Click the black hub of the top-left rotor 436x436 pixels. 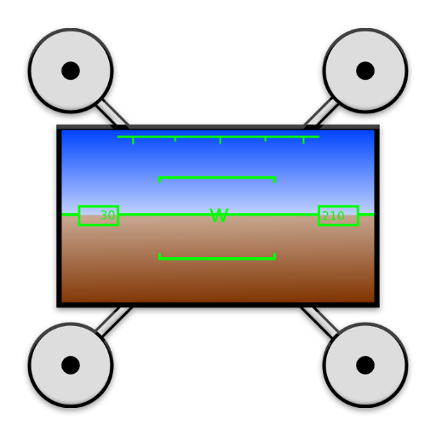tap(71, 71)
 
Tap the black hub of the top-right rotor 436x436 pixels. tap(365, 71)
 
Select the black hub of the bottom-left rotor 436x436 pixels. tap(71, 365)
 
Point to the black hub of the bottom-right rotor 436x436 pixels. tap(365, 365)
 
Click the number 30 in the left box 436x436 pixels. tap(108, 215)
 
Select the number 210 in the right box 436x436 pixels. tap(333, 216)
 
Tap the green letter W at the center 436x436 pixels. tap(219, 215)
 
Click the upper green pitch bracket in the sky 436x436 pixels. tap(217, 178)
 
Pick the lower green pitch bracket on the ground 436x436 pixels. tap(217, 258)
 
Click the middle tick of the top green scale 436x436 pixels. tap(221, 141)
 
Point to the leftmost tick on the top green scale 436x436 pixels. tap(133, 141)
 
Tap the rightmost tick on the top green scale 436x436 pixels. tap(303, 141)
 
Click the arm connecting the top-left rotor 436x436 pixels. tap(112, 113)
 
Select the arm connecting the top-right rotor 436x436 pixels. tap(321, 113)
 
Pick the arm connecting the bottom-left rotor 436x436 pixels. tap(114, 322)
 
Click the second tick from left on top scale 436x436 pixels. tap(175, 139)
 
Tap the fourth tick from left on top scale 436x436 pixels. tap(266, 139)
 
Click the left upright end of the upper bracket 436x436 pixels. tap(159, 180)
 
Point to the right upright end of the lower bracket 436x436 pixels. tap(274, 256)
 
